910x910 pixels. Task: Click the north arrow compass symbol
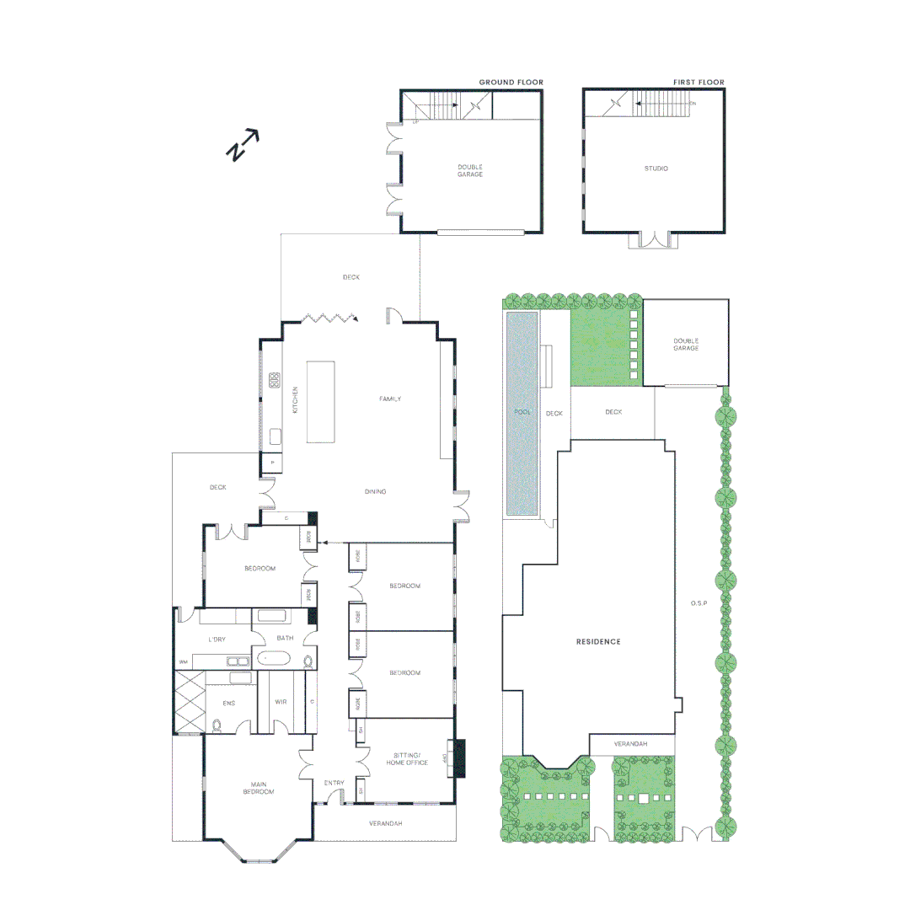[243, 145]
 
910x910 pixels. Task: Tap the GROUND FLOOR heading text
[511, 83]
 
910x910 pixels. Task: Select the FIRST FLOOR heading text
[698, 83]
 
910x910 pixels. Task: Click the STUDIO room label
[656, 169]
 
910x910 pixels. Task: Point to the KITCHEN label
[295, 399]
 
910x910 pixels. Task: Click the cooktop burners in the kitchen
[275, 380]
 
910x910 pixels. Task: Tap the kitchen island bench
[321, 401]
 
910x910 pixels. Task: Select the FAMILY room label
[389, 399]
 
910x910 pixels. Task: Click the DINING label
[375, 492]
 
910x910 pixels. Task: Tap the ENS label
[228, 702]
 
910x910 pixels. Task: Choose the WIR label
[281, 702]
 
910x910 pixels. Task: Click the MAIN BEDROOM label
[257, 789]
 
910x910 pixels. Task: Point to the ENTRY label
[334, 784]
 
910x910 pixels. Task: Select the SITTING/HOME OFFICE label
[407, 758]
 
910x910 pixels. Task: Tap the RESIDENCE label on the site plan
[598, 642]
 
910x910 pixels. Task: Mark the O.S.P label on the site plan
[697, 603]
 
